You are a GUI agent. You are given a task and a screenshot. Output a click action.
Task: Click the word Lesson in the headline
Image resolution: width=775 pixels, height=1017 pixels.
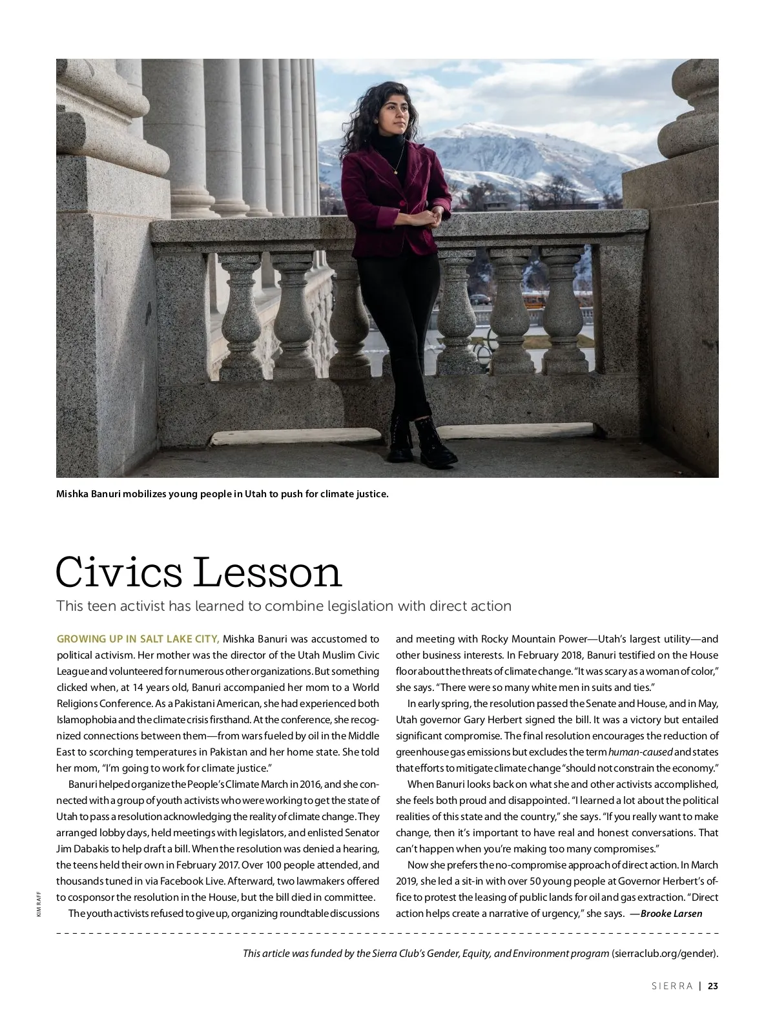[267, 572]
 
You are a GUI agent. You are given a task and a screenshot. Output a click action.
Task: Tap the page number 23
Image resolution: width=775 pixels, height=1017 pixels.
[713, 986]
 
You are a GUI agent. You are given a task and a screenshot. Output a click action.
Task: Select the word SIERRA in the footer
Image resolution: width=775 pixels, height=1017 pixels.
[672, 986]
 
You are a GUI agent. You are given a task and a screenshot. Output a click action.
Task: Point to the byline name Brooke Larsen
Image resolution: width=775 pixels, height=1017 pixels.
[671, 914]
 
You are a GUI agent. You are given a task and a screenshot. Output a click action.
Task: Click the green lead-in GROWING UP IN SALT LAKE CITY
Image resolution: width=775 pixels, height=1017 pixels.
[138, 639]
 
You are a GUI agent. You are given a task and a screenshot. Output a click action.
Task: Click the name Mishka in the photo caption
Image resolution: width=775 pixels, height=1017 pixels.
[73, 495]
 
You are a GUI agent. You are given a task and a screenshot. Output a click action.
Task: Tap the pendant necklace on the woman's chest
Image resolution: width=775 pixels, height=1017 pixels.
[395, 170]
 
